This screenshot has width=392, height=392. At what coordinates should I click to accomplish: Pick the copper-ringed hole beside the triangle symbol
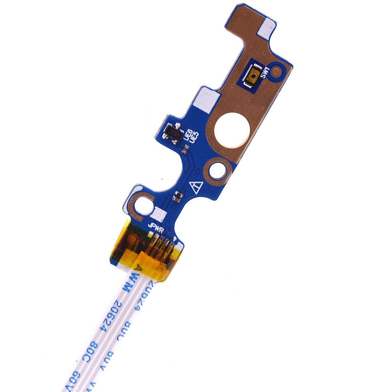coord(217,170)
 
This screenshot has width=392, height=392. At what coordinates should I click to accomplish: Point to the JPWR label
coord(156,226)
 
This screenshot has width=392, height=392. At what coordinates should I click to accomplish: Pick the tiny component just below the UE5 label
coord(185,150)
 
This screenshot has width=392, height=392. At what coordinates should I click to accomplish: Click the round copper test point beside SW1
coord(277,70)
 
